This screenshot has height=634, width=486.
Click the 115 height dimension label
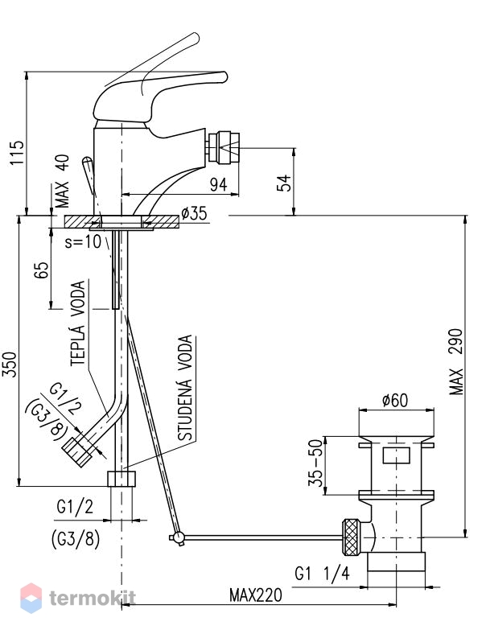[18, 152]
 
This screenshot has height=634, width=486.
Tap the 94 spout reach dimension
[218, 184]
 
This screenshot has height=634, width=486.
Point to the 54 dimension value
[284, 183]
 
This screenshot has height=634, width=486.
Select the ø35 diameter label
[194, 212]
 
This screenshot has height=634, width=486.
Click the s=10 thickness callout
[83, 242]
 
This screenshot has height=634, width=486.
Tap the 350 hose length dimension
[10, 364]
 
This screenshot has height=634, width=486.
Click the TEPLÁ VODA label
[78, 323]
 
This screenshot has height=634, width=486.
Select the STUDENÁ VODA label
[186, 388]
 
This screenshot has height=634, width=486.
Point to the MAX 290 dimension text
[456, 362]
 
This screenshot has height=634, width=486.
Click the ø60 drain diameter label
[395, 401]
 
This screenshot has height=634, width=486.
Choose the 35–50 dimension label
[317, 462]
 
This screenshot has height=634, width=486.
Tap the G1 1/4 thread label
[322, 573]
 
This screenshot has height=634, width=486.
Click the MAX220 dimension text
[256, 595]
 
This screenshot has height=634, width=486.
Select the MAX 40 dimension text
[62, 181]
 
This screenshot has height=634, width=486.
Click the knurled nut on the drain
[351, 537]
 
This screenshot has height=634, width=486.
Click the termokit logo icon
[31, 598]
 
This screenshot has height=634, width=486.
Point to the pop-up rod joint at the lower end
[177, 537]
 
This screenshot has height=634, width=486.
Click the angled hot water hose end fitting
[76, 452]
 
